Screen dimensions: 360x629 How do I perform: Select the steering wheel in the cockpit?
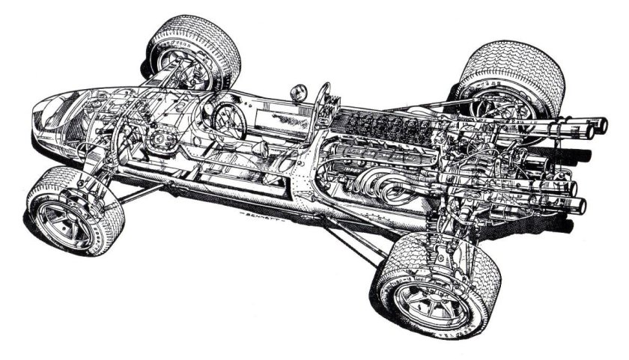click(228, 120)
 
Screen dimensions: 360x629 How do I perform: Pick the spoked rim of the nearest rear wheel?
click(427, 293)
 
